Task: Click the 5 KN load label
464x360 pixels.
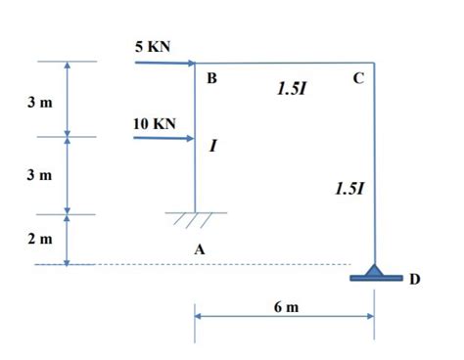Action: coord(155,47)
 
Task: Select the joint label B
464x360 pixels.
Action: coord(209,79)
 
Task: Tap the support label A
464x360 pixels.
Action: coord(200,250)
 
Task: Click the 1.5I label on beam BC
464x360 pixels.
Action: coord(291,89)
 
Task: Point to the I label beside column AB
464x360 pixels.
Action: coord(212,147)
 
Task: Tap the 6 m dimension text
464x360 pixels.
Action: coord(286,306)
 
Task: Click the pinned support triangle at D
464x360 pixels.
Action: coord(374,269)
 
